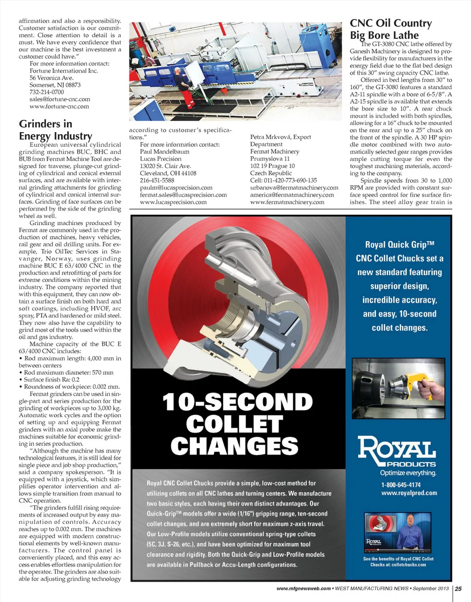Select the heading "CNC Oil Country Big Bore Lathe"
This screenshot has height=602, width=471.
click(391, 29)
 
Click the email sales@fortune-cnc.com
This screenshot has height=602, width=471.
click(60, 99)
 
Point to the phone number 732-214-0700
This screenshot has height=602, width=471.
click(47, 92)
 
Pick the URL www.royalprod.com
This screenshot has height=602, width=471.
click(409, 493)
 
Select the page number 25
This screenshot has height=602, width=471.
click(461, 589)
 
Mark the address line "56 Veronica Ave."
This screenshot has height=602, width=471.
click(52, 78)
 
